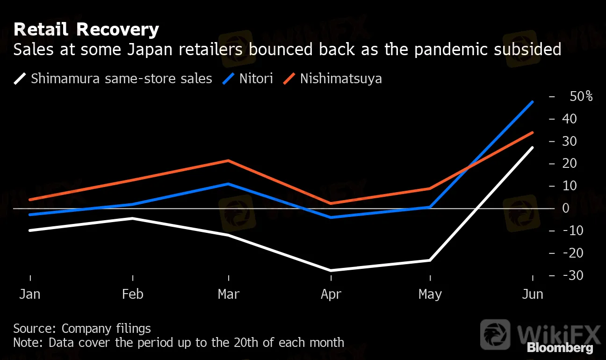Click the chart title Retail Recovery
click(86, 30)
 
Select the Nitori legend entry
click(256, 78)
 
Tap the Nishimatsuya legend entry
click(340, 78)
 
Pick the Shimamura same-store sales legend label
click(121, 78)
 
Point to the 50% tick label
click(581, 97)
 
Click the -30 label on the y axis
click(573, 275)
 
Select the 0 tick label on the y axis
click(566, 208)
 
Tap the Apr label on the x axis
click(331, 295)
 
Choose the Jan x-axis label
click(29, 295)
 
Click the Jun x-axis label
click(533, 295)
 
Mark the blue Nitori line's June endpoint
click(533, 101)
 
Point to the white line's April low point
click(331, 271)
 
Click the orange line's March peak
click(228, 160)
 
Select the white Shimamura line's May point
click(430, 260)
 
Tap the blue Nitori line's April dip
click(331, 217)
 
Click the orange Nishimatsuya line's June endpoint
click(533, 132)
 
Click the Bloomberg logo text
click(560, 348)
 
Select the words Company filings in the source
click(106, 329)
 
